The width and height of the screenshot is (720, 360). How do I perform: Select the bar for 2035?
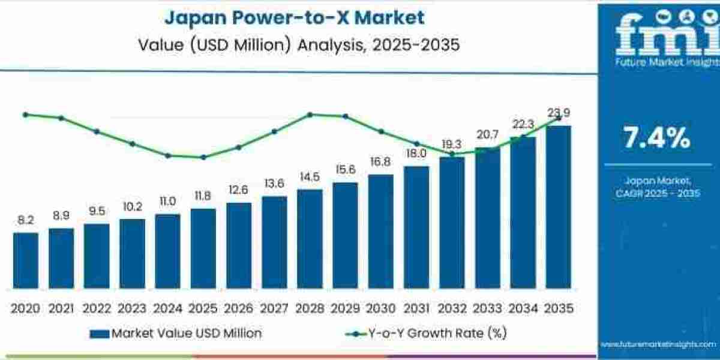coord(558,207)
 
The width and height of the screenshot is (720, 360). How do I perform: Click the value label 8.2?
coord(26,221)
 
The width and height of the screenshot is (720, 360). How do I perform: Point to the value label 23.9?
coord(559,113)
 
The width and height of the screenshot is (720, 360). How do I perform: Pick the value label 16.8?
coord(380,162)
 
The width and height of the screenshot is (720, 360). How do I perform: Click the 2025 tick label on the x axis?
coord(203,308)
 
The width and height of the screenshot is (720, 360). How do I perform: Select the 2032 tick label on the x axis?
coord(451,308)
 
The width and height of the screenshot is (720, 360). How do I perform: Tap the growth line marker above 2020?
coord(25,114)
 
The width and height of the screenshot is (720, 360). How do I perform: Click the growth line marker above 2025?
coord(203,157)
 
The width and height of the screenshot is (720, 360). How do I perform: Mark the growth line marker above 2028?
coord(310,114)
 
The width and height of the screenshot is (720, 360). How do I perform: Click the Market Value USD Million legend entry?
coord(176,333)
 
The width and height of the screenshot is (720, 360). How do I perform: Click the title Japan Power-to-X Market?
coord(295,17)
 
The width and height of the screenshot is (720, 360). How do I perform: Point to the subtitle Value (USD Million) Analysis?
coord(295,45)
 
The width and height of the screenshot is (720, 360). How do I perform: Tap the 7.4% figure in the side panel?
coord(658,139)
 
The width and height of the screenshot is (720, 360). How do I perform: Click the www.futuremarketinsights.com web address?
coord(658,344)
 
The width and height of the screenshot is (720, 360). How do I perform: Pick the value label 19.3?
coord(451,145)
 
